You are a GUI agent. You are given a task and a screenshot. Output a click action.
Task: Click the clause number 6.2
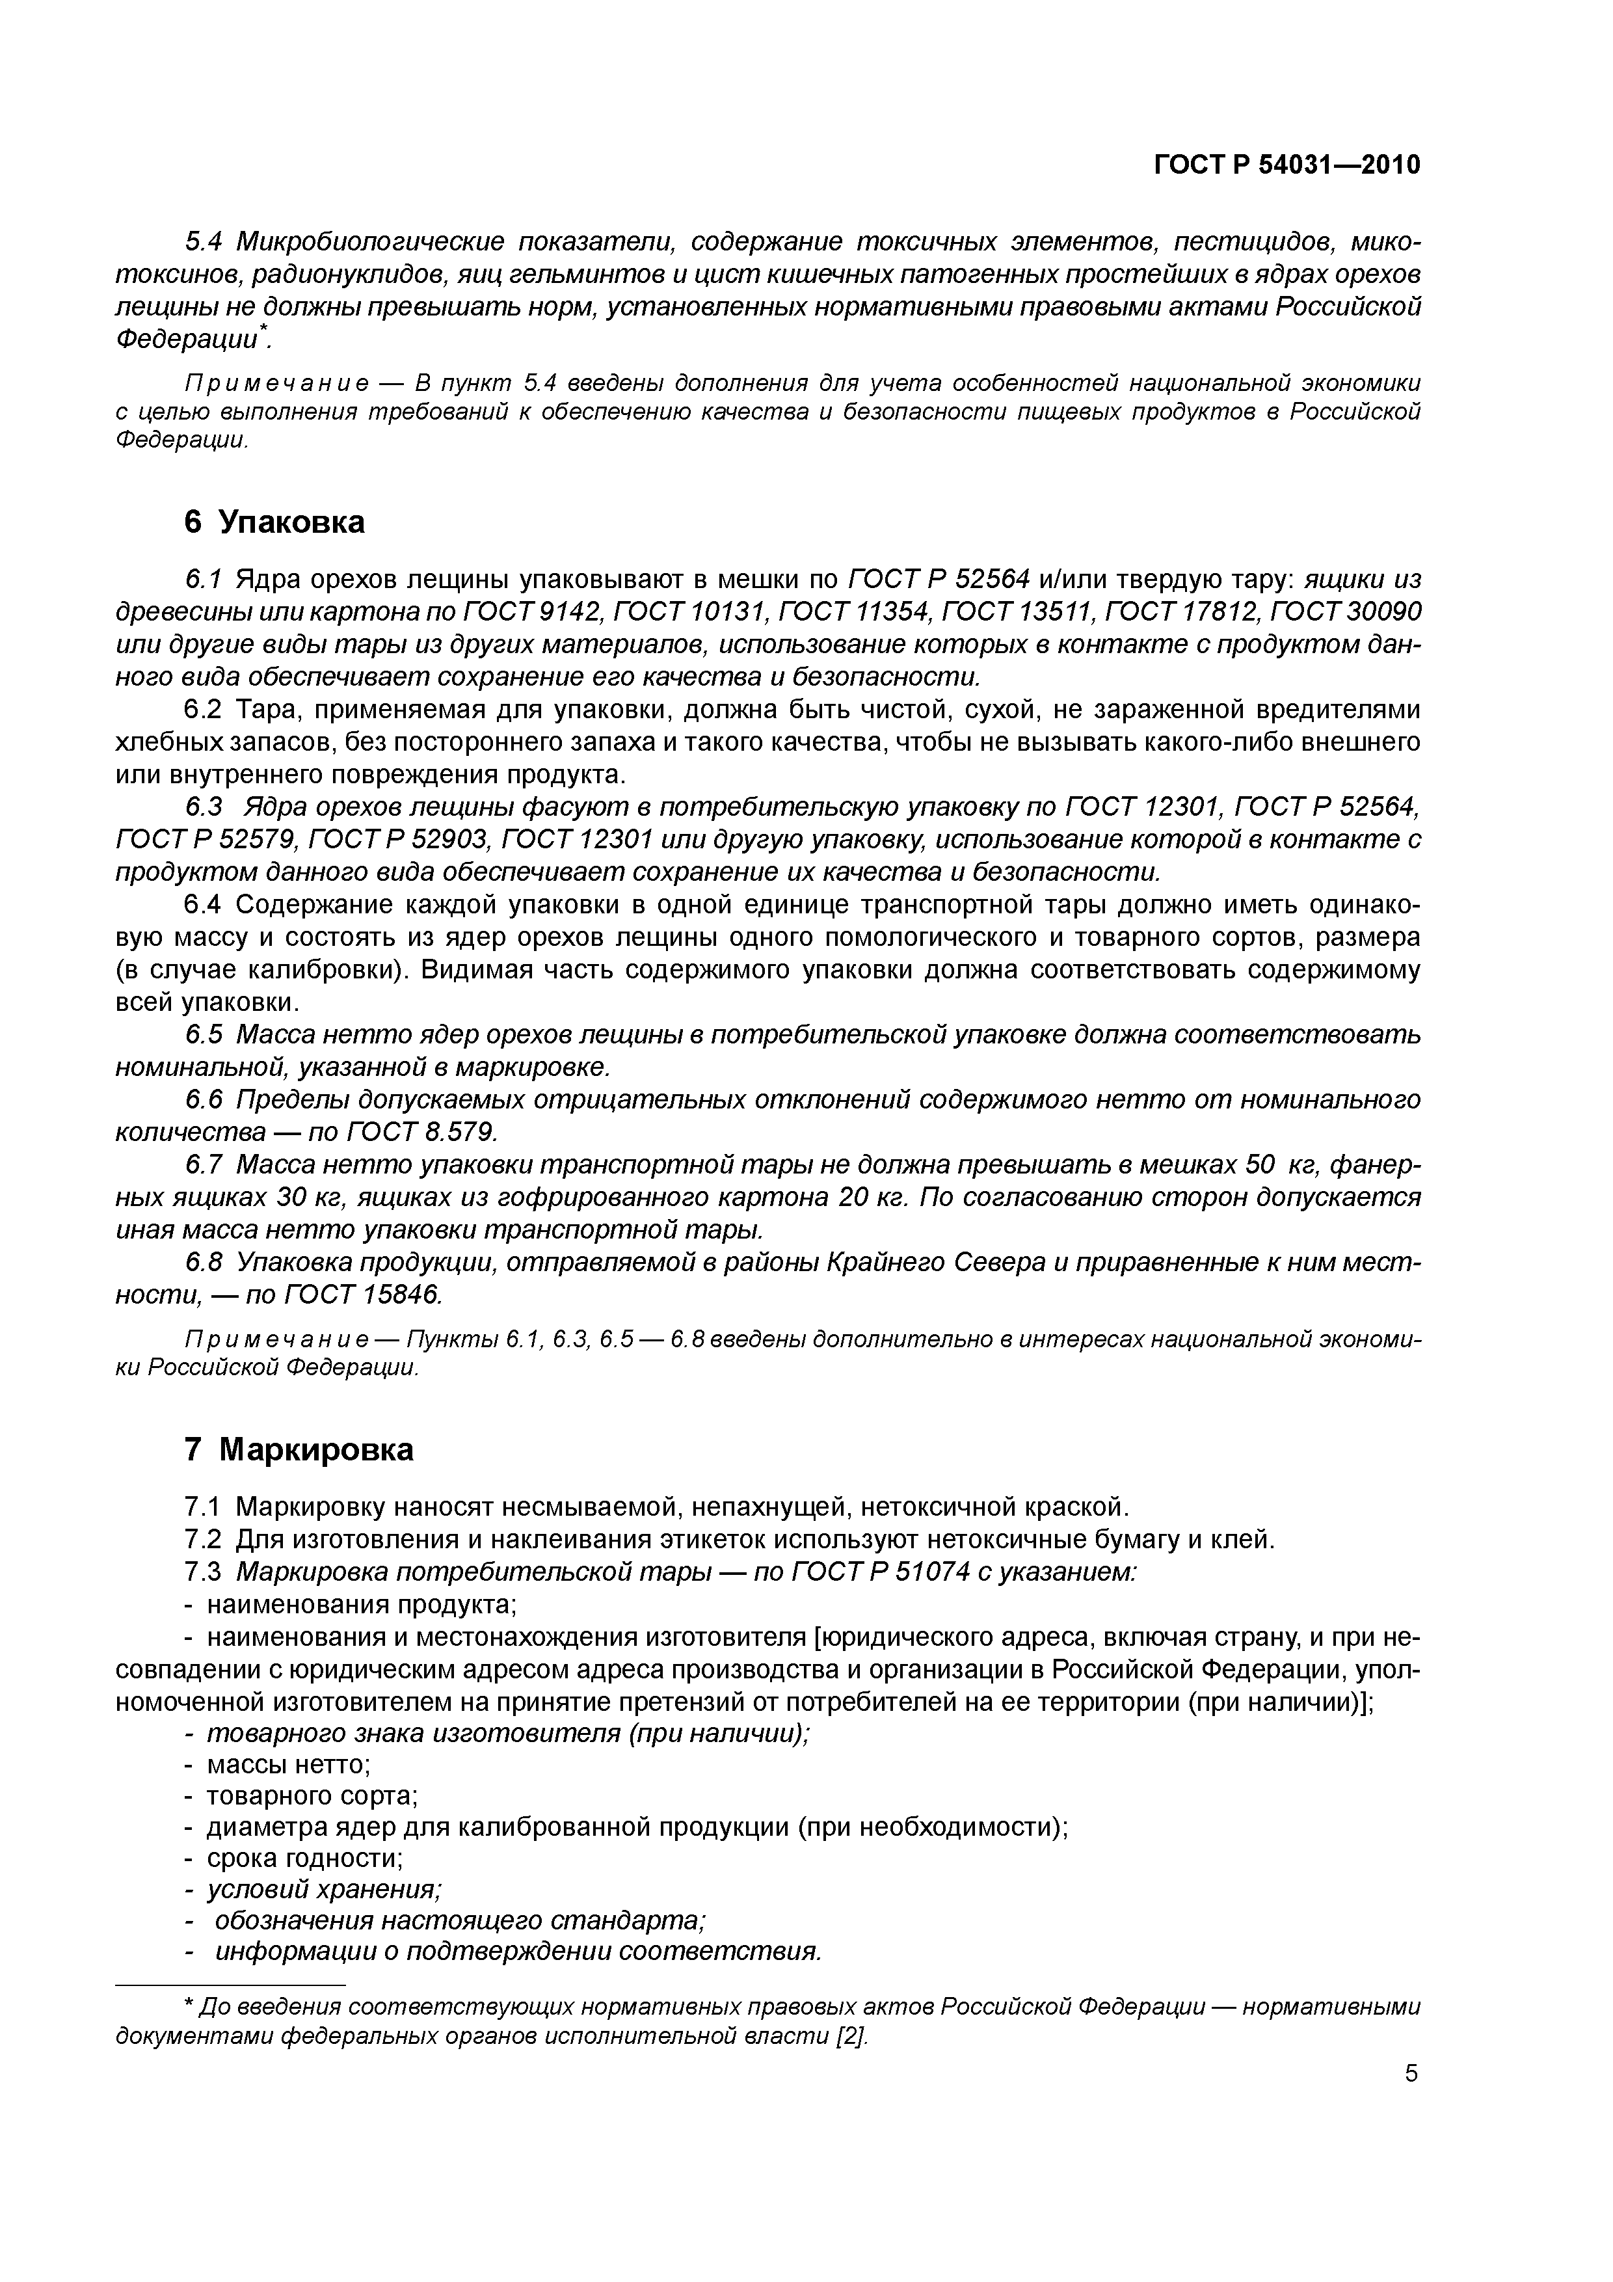[206, 710]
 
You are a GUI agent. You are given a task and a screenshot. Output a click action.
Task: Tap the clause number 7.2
[206, 1540]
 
